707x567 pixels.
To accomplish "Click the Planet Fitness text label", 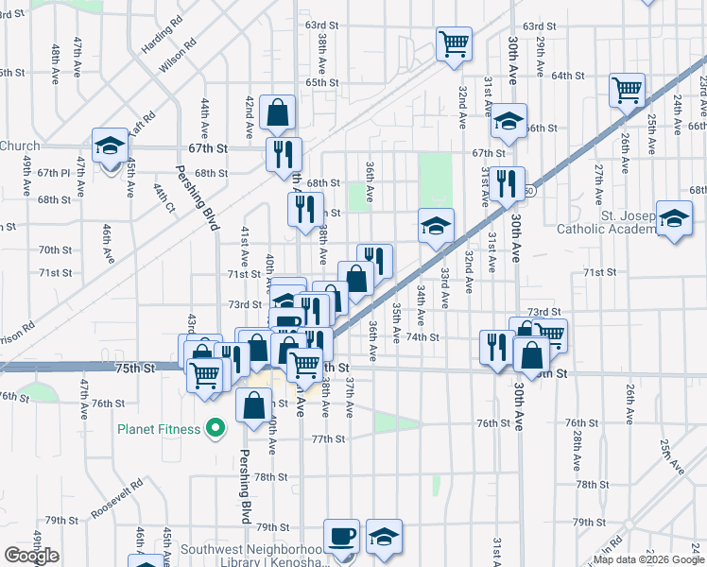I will click(159, 429).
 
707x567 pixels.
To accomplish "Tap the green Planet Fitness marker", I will click(216, 429).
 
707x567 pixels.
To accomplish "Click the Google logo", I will click(31, 556).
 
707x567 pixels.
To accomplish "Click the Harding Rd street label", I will click(163, 36).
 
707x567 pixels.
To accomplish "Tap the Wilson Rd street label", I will click(178, 57).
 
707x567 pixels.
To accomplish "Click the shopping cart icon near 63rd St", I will click(454, 43).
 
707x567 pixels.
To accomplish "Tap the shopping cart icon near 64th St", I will click(627, 90).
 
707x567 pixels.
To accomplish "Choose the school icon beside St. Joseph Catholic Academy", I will click(673, 217).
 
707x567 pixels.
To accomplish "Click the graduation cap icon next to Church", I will click(111, 145).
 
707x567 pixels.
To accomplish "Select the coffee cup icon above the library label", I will click(341, 535).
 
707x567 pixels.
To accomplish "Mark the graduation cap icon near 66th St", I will click(508, 121).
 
